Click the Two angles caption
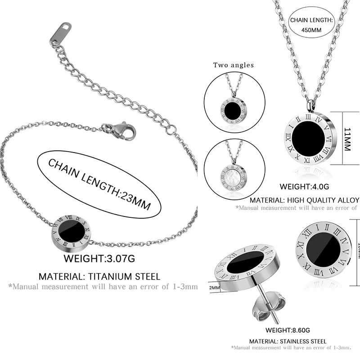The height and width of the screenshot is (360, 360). point(233,65)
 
